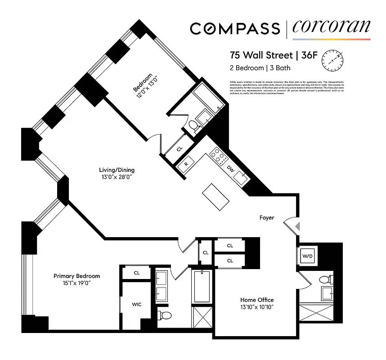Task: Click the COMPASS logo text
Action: click(234, 28)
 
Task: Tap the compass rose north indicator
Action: click(332, 58)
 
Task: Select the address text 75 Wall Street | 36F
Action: click(267, 56)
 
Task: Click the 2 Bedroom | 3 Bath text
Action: click(260, 68)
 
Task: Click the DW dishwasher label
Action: click(230, 169)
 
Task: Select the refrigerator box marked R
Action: click(186, 164)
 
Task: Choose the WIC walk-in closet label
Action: click(137, 305)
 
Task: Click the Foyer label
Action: click(267, 217)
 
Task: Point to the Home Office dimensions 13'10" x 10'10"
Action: click(256, 307)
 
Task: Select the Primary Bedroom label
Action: click(76, 276)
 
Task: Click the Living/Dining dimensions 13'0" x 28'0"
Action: click(117, 177)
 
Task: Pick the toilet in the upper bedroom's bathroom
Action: click(193, 126)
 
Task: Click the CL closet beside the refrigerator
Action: click(179, 149)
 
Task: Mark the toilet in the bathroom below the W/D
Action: click(325, 280)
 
